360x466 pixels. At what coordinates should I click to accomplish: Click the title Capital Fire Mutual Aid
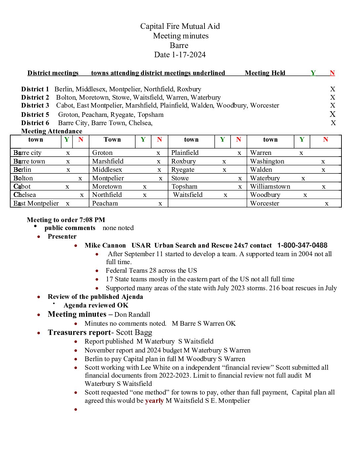point(180,26)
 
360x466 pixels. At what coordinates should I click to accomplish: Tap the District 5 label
point(35,115)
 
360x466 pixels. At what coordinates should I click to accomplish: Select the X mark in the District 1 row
point(333,89)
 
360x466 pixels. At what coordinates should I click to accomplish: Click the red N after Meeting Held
point(332,73)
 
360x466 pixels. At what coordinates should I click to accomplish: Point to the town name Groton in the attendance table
point(102,153)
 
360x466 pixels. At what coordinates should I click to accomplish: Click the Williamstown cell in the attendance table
point(270,187)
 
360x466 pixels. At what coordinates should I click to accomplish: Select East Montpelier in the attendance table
point(36,204)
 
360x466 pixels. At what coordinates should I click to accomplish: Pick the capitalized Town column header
point(112,140)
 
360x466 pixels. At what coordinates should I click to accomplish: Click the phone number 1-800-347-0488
point(302,246)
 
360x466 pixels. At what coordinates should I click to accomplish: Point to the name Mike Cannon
point(105,246)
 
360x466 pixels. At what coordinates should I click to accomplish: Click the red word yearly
point(154,401)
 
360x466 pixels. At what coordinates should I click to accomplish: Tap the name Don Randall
point(132,315)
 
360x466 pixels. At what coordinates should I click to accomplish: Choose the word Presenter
point(62,237)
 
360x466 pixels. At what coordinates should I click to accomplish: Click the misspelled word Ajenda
point(132,297)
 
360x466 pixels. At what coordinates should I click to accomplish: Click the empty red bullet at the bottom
point(76,410)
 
